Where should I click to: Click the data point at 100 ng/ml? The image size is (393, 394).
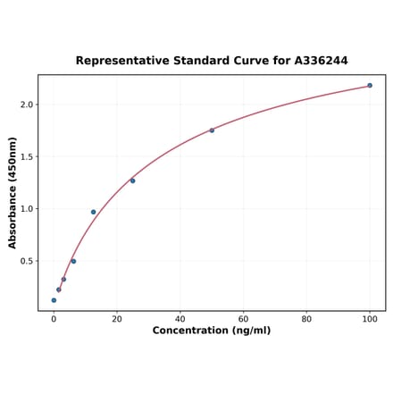[370, 86]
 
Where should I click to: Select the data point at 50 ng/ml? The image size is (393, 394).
[212, 130]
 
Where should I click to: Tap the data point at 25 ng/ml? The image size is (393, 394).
[133, 180]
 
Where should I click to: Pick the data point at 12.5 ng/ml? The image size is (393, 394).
[93, 212]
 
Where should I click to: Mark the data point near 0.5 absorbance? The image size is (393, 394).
[73, 261]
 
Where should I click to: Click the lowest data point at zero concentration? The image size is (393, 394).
[54, 300]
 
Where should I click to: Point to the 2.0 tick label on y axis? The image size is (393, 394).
[26, 105]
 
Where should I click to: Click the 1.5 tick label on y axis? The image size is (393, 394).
[26, 157]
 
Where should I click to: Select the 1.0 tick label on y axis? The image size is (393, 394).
[26, 209]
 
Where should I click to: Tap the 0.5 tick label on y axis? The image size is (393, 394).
[26, 262]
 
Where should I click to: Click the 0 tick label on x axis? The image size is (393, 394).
[54, 319]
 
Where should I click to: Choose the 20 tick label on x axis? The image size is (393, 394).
[117, 319]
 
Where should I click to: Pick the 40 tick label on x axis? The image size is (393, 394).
[180, 319]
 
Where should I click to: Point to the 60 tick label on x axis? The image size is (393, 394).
[243, 319]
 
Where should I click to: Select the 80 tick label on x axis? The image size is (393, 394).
[306, 319]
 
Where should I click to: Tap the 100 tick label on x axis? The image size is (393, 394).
[370, 319]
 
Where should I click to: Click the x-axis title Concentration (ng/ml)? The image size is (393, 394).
[212, 331]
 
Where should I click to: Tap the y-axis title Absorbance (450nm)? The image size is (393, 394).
[13, 193]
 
